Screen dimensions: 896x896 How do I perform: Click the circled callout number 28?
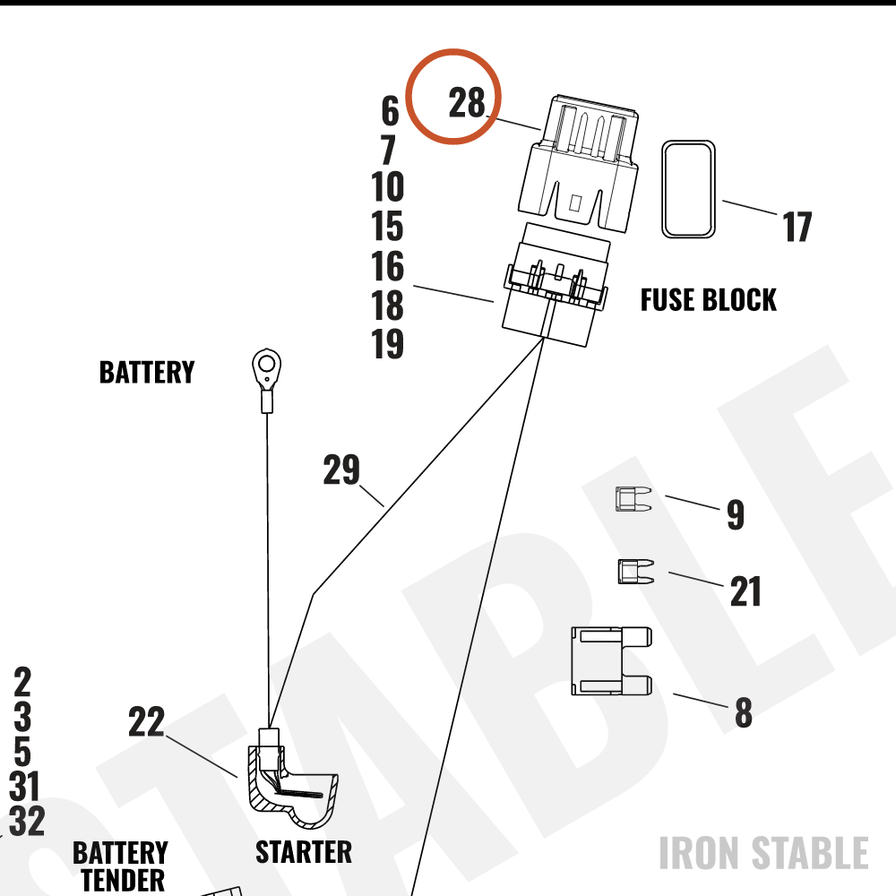pos(467,103)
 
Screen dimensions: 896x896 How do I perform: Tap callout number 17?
pos(797,227)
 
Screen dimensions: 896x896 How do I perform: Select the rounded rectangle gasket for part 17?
pos(688,189)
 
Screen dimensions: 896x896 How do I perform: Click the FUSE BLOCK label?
pos(709,300)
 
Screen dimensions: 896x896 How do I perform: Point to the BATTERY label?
pos(147,372)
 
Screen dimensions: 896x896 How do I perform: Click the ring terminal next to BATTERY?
pos(266,380)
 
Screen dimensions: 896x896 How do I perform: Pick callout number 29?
pos(341,470)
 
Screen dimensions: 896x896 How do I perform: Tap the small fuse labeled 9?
pos(633,499)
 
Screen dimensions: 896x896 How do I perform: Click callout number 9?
pos(736,514)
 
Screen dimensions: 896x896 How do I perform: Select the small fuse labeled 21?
pos(636,572)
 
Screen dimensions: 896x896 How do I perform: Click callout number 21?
pos(745,591)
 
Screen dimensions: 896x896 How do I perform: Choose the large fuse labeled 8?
pos(612,661)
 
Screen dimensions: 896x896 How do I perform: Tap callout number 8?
pos(744,712)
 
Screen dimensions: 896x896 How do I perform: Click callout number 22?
pos(146,721)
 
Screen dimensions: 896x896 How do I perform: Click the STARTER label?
pos(304,852)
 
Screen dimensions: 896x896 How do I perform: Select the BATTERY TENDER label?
pos(121,866)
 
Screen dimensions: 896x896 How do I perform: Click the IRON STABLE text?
pos(764,853)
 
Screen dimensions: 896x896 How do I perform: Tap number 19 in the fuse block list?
pos(387,343)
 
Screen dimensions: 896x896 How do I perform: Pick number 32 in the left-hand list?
pos(27,821)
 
